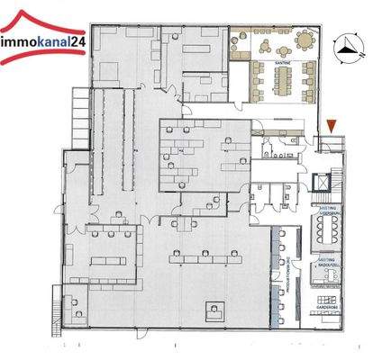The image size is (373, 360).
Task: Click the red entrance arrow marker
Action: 333,127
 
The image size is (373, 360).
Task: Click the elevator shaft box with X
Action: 322,180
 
